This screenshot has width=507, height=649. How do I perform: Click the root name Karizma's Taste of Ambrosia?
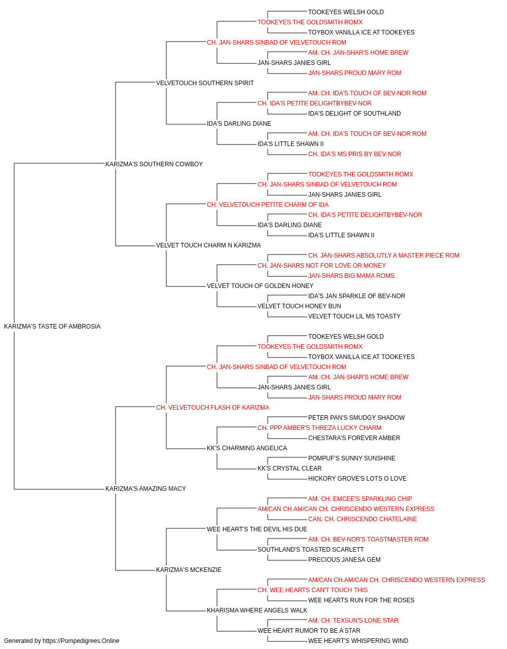point(52,327)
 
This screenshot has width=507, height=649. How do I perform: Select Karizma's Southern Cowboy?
point(154,164)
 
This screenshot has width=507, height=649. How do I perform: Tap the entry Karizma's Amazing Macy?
point(146,489)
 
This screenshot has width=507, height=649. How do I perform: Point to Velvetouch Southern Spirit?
point(205,83)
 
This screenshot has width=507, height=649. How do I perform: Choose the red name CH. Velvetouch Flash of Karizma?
point(212,408)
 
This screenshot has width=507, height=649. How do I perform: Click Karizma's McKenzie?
point(189,570)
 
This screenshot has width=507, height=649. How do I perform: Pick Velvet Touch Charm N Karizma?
point(208,245)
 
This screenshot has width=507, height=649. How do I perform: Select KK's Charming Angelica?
point(247,448)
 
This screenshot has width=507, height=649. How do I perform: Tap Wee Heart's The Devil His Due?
point(257,529)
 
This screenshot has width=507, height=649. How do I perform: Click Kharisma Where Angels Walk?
point(257,610)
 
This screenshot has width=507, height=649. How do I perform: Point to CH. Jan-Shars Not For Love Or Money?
point(321,266)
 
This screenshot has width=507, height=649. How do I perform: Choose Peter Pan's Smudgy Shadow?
point(356,417)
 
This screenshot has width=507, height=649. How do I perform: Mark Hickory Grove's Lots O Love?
point(357,479)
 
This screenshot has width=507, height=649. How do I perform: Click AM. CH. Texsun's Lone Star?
point(353,621)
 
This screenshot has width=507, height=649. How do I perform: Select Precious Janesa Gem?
point(344,560)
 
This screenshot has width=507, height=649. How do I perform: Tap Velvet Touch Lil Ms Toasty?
point(354,316)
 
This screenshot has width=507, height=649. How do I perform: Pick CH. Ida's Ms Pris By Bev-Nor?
point(355,154)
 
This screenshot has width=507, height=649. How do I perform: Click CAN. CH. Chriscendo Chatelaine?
point(363,519)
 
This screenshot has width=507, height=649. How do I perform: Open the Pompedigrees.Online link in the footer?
point(81,641)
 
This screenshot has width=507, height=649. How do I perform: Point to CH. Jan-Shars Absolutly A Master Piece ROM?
point(384,256)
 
